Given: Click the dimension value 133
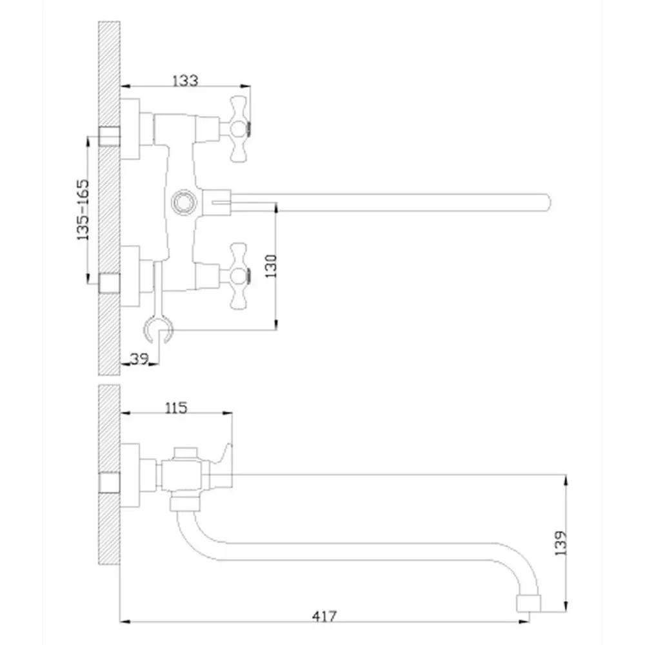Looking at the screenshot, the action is [x=185, y=81].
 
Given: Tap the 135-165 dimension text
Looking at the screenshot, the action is [x=83, y=210].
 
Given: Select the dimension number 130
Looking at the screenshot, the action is [x=271, y=266].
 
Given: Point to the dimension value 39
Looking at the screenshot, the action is [x=139, y=359].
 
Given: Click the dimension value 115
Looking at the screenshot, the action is [x=175, y=408].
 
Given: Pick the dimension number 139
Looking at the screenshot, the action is [x=561, y=543].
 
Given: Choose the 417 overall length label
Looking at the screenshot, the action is [x=324, y=616].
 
